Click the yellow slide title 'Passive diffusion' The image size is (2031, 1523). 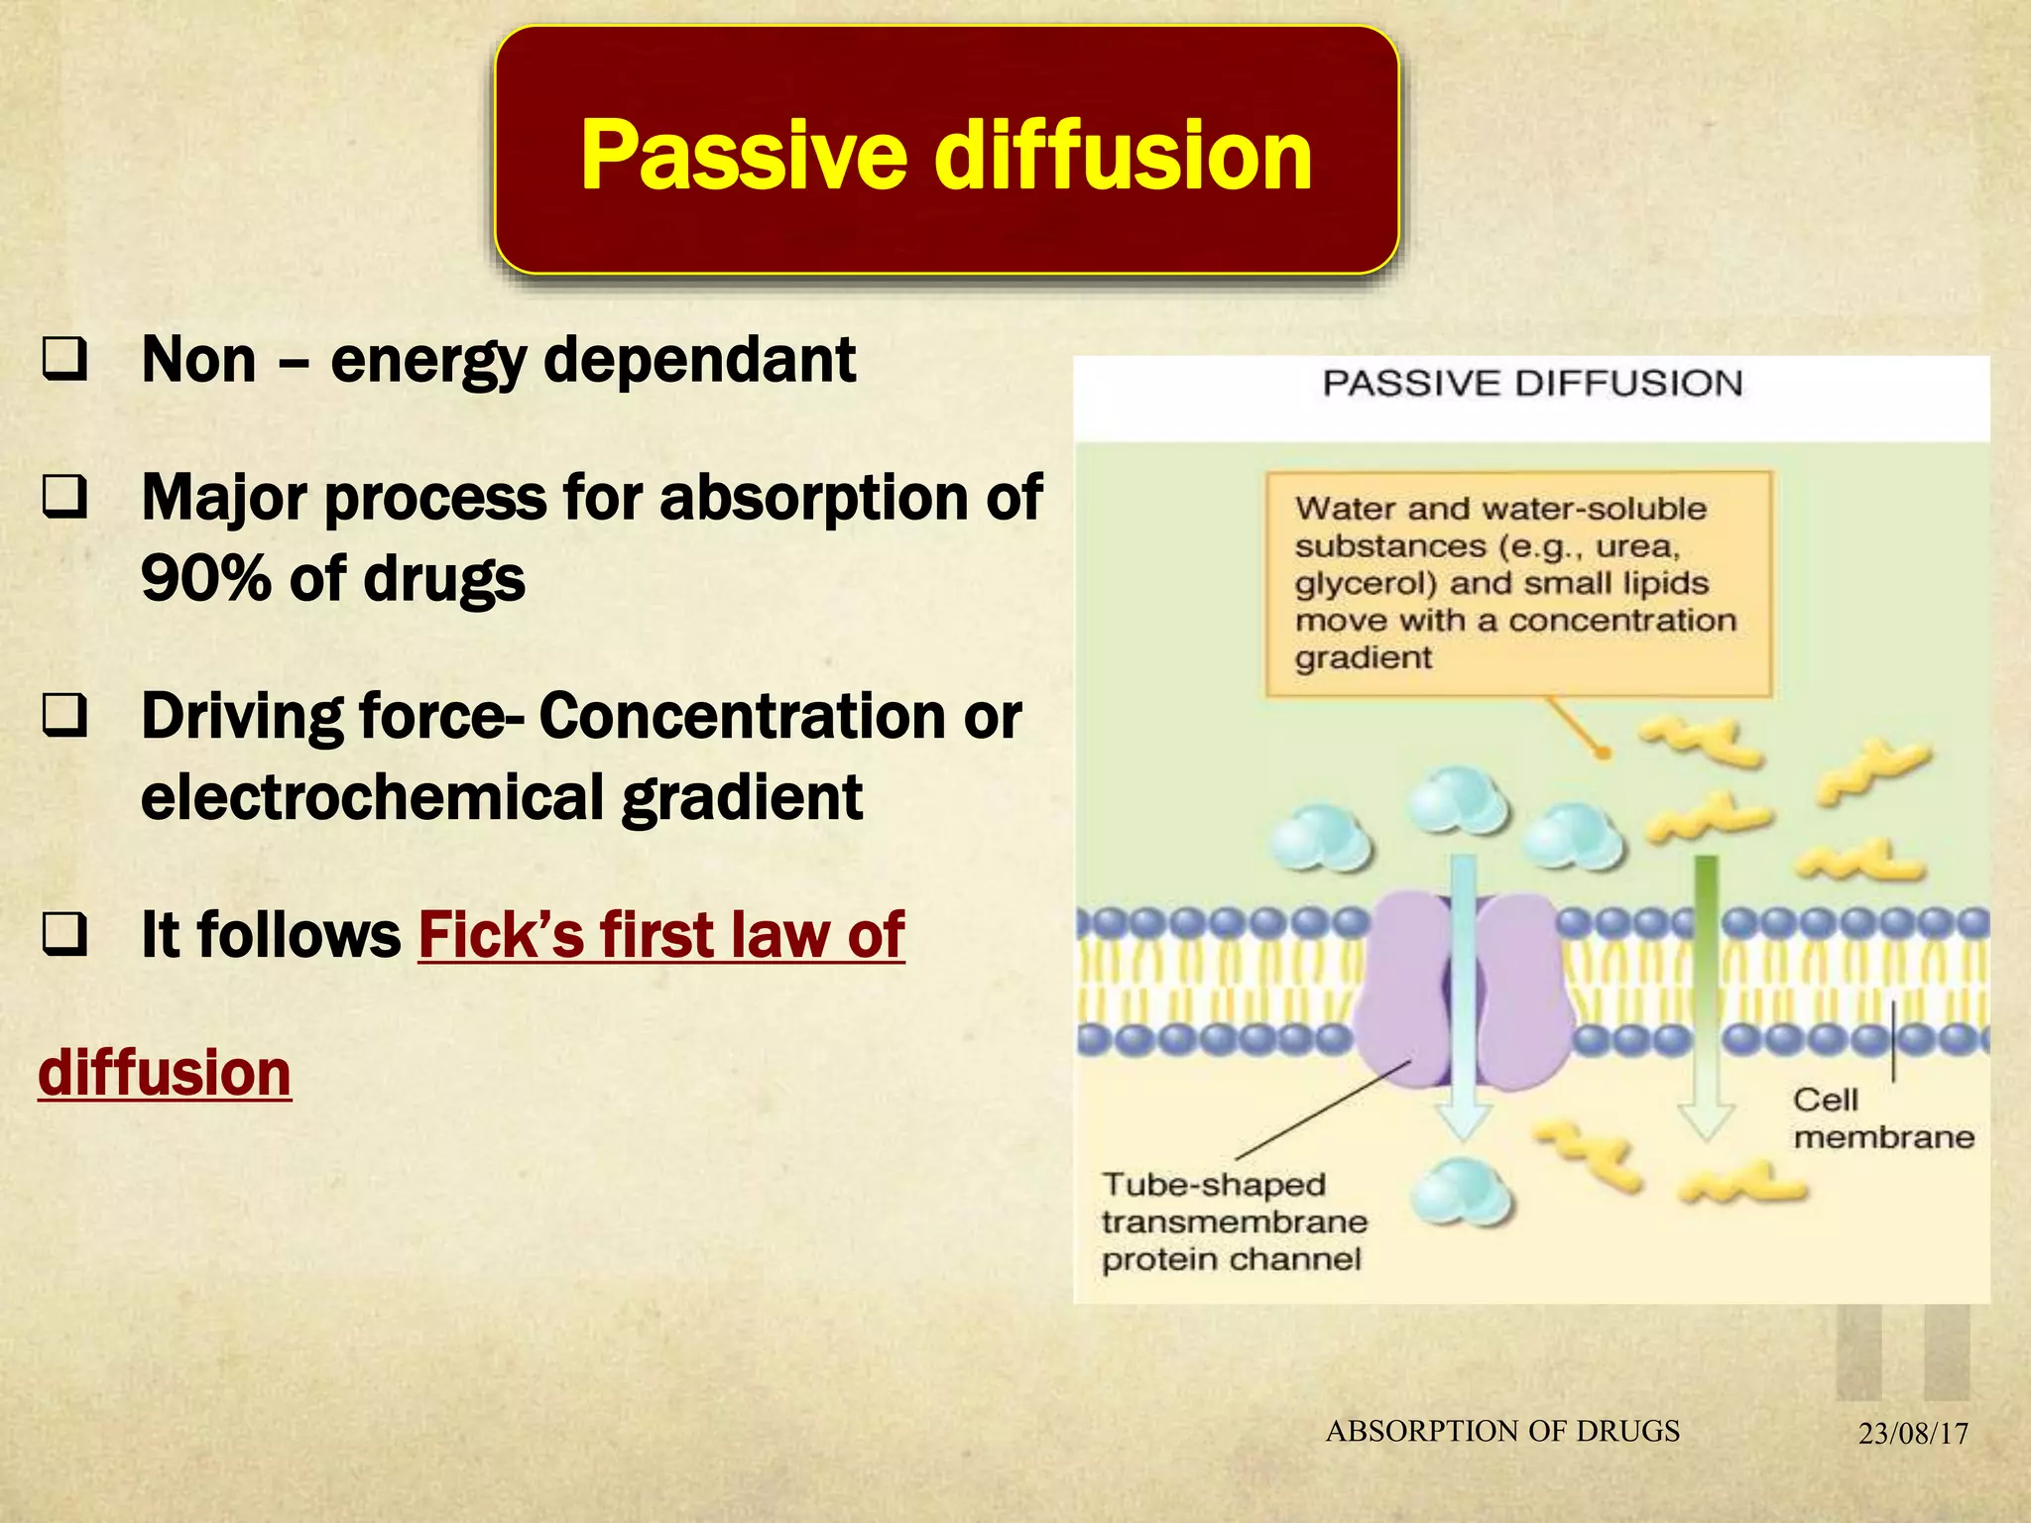point(946,155)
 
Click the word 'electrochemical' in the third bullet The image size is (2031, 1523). point(372,797)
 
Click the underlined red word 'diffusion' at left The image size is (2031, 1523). point(165,1073)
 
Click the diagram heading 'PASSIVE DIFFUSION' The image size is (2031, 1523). point(1531,384)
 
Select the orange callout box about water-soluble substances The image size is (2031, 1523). point(1517,584)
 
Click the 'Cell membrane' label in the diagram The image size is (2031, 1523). point(1882,1118)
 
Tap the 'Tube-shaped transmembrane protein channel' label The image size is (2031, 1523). point(1233,1222)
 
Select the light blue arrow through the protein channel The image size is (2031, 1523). point(1464,992)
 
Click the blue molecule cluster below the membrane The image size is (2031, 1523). point(1461,1193)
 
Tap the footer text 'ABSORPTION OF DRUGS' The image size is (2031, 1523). point(1502,1431)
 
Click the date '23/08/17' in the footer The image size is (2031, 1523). point(1912,1434)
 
